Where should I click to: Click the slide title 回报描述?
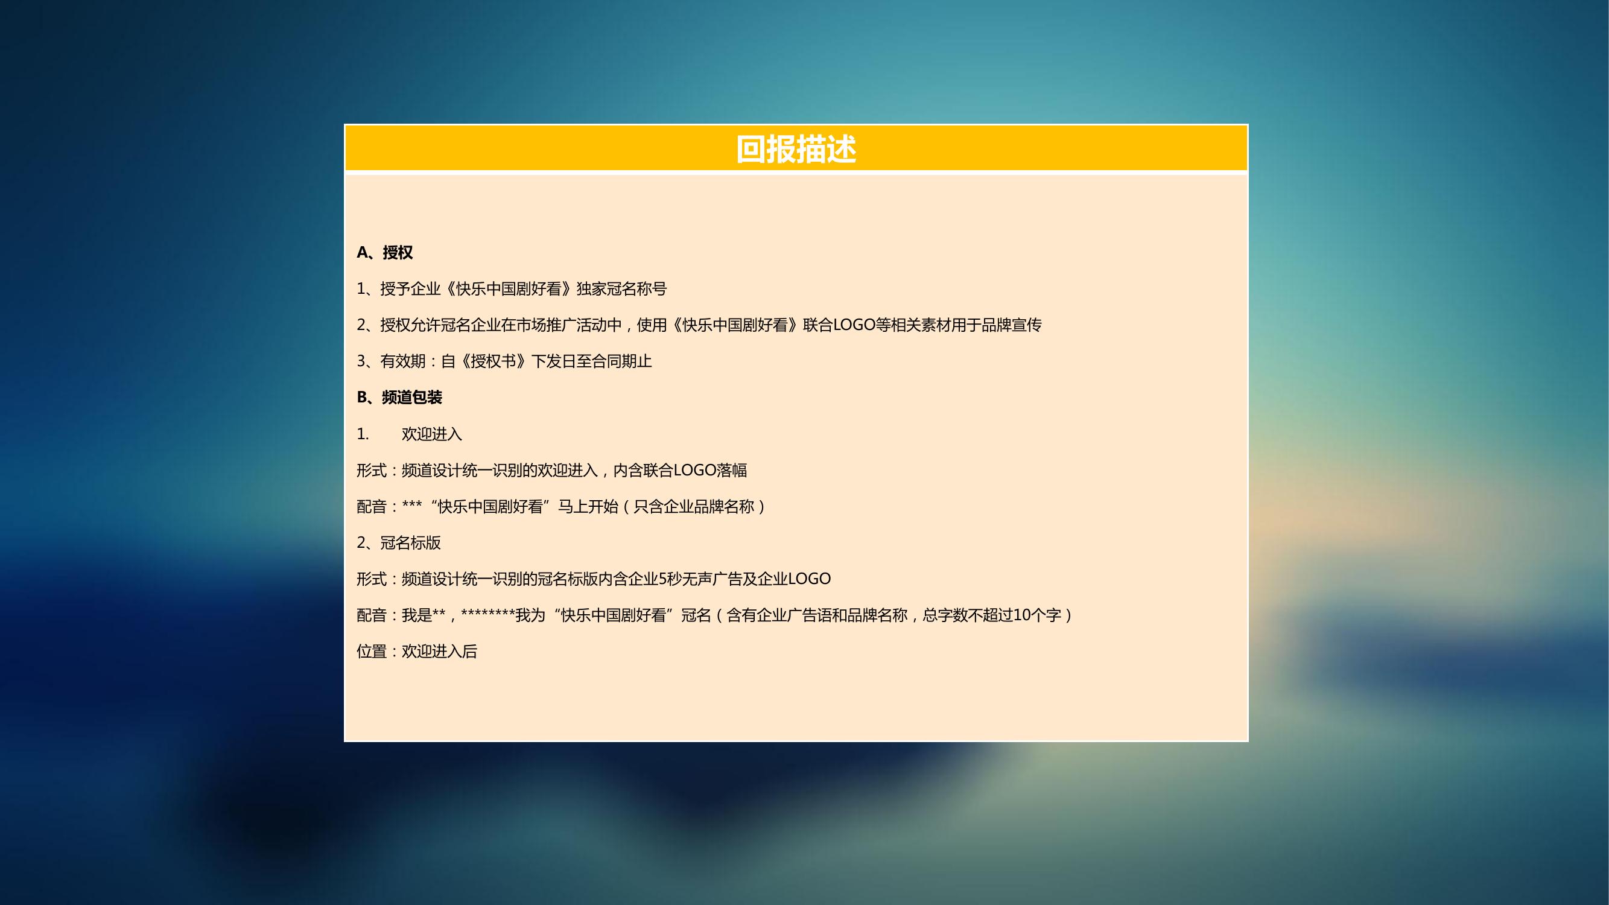[796, 149]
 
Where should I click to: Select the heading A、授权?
[385, 252]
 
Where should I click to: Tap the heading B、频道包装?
[399, 397]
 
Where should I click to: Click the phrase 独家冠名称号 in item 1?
[621, 288]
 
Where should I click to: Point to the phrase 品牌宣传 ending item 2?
[1011, 325]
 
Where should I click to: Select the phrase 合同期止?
[621, 361]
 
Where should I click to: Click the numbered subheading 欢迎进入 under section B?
[431, 433]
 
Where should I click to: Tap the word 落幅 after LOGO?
[732, 469]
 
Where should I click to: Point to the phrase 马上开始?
[588, 506]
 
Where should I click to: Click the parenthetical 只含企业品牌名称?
[694, 506]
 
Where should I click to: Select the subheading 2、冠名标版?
[399, 542]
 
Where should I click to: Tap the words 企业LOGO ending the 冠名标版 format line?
[795, 579]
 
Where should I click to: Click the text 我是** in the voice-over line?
[424, 615]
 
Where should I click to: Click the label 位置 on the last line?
[372, 652]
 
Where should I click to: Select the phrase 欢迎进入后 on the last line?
[439, 652]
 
